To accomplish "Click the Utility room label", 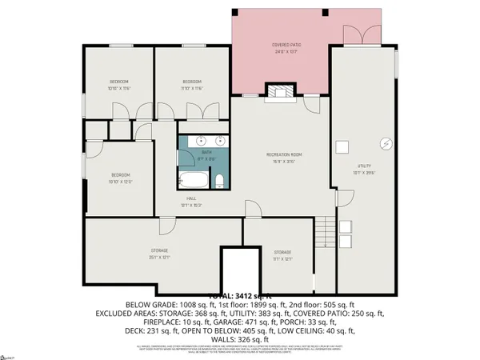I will (x=363, y=167).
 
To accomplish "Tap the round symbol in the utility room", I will (x=386, y=144).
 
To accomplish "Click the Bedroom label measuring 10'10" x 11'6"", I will (x=120, y=85).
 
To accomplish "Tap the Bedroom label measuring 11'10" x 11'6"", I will (x=191, y=85).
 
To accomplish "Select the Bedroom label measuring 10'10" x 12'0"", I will (x=120, y=178).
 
